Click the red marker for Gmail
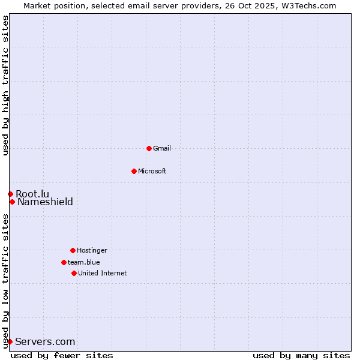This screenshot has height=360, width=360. point(149,148)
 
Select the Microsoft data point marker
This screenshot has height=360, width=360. point(134,171)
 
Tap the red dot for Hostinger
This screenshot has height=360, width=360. point(73,250)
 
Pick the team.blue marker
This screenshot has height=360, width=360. point(64,262)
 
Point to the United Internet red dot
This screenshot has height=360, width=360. point(74,273)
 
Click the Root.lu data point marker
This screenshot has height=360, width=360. point(10,194)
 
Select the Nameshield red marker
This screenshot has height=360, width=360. point(12,202)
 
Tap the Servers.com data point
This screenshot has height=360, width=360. point(10,341)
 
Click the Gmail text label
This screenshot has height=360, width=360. point(162,148)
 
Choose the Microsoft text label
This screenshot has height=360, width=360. point(152,171)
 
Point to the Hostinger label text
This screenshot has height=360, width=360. point(92,250)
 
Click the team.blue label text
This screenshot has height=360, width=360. point(84,262)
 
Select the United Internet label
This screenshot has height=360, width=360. point(103,273)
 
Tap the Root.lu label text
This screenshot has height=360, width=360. point(32,194)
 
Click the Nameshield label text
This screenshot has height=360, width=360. point(45,202)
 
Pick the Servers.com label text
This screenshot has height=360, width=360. point(45,341)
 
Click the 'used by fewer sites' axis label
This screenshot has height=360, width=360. point(62,355)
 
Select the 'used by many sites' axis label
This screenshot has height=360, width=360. point(301,355)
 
